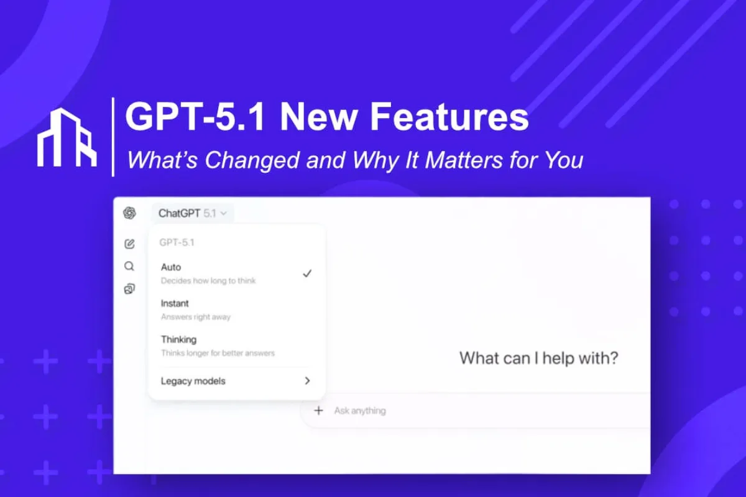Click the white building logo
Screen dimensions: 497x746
tap(67, 137)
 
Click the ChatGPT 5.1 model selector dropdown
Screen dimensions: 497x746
tap(192, 213)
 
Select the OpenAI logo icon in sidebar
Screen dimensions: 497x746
tap(129, 213)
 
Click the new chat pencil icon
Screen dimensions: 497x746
tap(129, 244)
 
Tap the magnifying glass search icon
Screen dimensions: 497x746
tap(129, 267)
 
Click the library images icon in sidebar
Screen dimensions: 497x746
tap(129, 289)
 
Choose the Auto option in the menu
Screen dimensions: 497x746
tap(171, 267)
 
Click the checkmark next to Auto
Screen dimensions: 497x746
tap(307, 273)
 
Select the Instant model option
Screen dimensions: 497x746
tap(175, 303)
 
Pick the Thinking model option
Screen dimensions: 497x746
tap(178, 339)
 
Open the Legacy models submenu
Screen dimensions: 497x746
tap(193, 381)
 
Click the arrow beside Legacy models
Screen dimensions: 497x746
tap(307, 381)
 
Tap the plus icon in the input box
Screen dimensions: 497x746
tap(319, 410)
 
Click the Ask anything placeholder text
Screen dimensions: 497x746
tap(360, 411)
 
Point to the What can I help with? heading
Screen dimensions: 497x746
tap(538, 358)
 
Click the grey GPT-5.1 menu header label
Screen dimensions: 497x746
tap(177, 242)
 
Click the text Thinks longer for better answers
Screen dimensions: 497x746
tap(218, 353)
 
